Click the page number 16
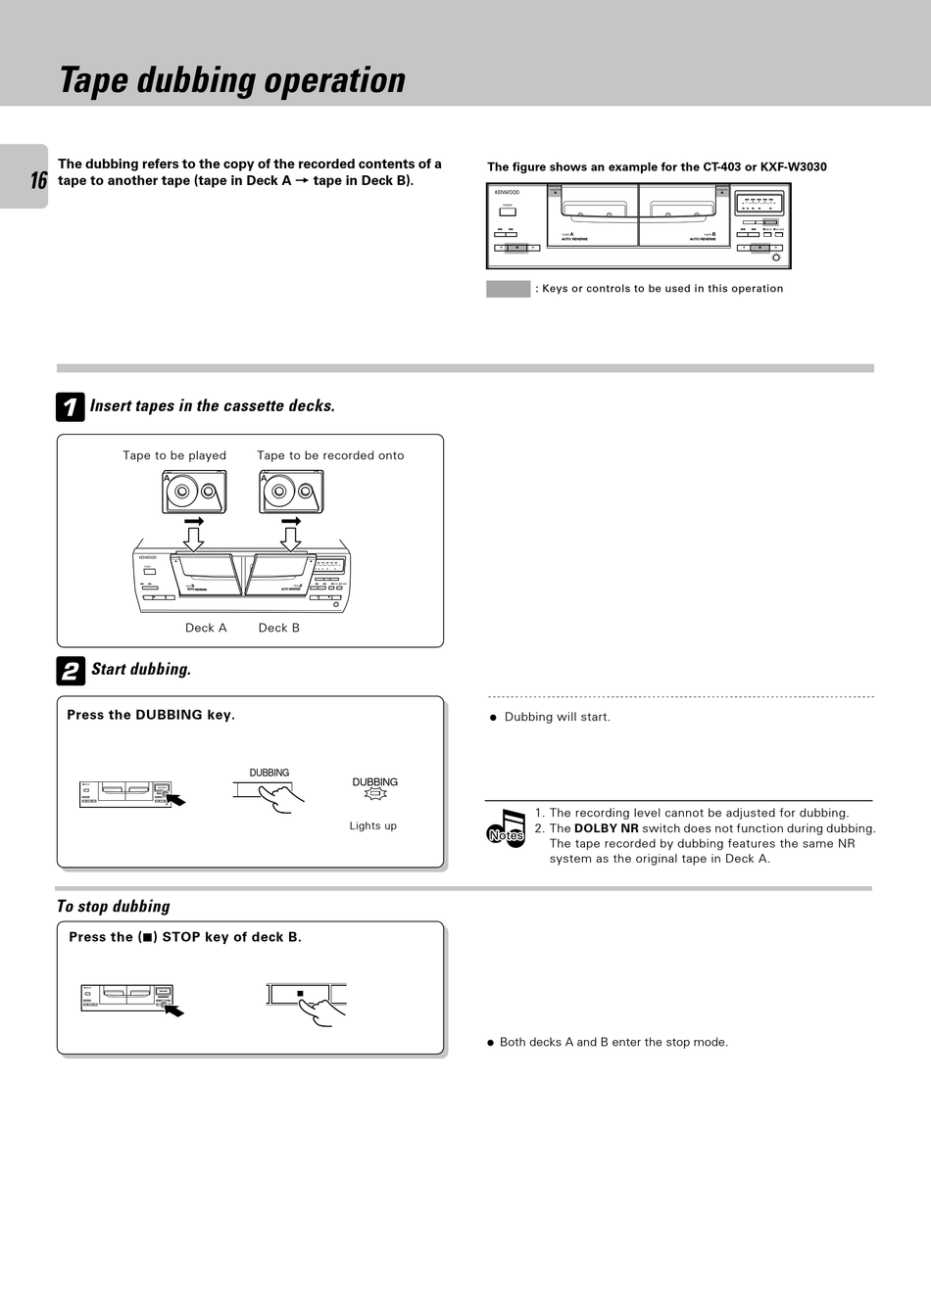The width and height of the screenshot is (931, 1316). click(38, 180)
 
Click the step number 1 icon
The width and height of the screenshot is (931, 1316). click(71, 407)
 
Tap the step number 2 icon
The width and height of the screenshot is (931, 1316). click(71, 671)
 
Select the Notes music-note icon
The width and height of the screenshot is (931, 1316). click(507, 828)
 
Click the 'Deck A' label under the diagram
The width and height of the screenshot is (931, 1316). click(206, 628)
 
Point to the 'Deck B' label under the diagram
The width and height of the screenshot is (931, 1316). click(279, 628)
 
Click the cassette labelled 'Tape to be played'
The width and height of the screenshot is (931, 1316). click(194, 492)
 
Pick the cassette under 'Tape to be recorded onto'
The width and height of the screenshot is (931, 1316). click(291, 492)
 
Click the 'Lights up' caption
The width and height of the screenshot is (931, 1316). click(373, 825)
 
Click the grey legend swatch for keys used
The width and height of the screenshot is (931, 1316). click(508, 289)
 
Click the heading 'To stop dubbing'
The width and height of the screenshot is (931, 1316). click(114, 907)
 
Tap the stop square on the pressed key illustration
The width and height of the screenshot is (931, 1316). click(301, 994)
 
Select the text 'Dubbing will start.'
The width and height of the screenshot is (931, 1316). click(557, 717)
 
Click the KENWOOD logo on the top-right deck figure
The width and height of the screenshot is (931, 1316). click(507, 192)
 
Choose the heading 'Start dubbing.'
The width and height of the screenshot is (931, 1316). click(141, 670)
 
